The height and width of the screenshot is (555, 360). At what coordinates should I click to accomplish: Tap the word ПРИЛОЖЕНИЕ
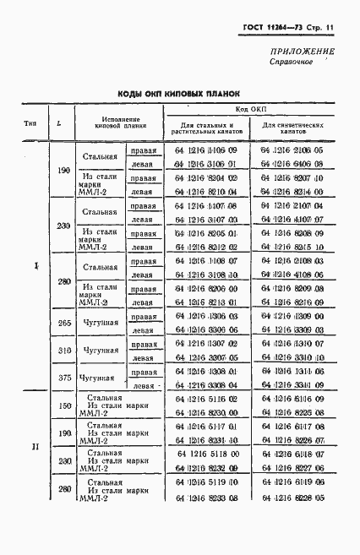coord(302,52)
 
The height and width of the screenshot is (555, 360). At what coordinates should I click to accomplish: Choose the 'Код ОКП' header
coord(250,112)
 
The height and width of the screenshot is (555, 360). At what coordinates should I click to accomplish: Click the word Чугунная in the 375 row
coord(95,378)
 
